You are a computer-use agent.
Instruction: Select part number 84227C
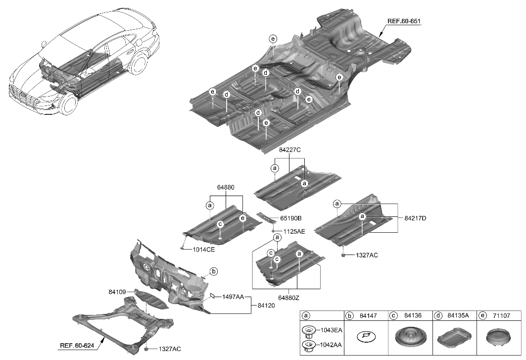pyautogui.click(x=289, y=149)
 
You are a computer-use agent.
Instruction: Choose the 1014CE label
pyautogui.click(x=203, y=250)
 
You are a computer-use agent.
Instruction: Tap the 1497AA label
pyautogui.click(x=233, y=297)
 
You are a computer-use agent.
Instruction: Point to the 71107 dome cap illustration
pyautogui.click(x=499, y=339)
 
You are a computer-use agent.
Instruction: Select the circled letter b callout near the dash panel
pyautogui.click(x=214, y=271)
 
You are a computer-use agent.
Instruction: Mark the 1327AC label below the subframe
pyautogui.click(x=170, y=349)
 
